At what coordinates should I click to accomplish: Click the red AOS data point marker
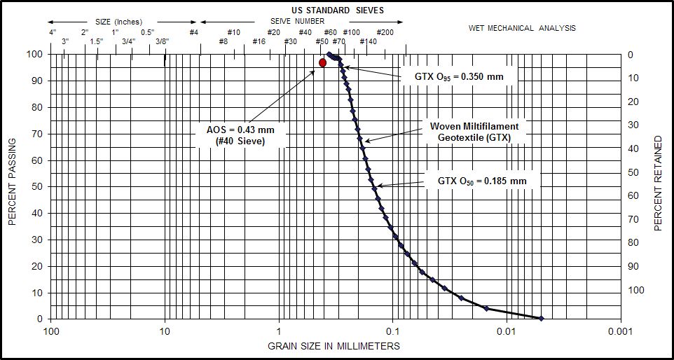click(322, 63)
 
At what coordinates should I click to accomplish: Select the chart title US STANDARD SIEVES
click(338, 11)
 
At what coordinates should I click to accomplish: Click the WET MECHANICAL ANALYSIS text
click(522, 29)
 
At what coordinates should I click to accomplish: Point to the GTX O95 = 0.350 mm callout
click(456, 76)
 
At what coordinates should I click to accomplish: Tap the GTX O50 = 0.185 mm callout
click(482, 181)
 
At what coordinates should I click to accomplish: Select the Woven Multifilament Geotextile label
click(474, 132)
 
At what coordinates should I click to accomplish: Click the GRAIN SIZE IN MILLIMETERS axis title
click(334, 346)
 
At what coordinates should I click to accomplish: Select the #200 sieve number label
click(385, 32)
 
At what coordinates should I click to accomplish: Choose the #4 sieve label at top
click(193, 32)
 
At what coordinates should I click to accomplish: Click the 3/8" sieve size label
click(162, 42)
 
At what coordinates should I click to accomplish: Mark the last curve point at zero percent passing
click(541, 318)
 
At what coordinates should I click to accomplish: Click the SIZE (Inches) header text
click(118, 22)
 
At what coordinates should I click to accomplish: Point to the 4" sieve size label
click(53, 32)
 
